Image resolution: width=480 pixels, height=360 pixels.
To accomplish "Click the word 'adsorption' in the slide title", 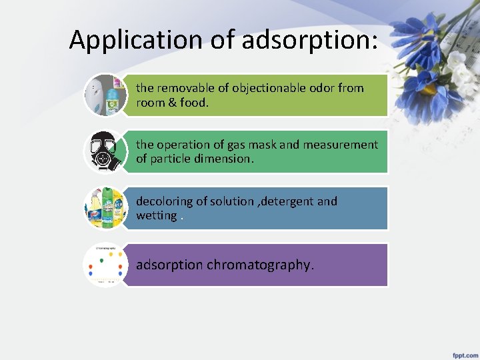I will tap(310, 40).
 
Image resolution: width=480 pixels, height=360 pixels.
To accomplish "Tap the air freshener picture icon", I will tap(105, 95).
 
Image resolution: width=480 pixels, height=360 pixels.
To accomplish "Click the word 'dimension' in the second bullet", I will tap(225, 159).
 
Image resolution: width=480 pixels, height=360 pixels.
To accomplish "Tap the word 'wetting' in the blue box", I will tap(156, 216).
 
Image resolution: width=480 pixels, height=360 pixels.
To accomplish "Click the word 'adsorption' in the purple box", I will tap(169, 265).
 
